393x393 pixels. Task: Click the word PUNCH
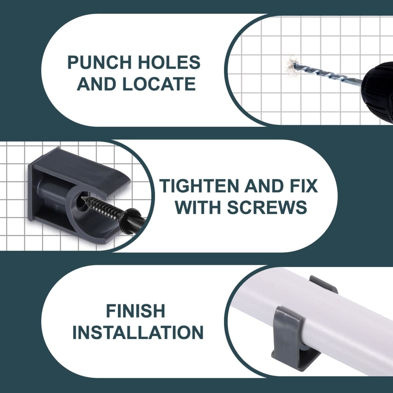click(100, 63)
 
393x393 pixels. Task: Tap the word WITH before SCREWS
click(199, 207)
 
